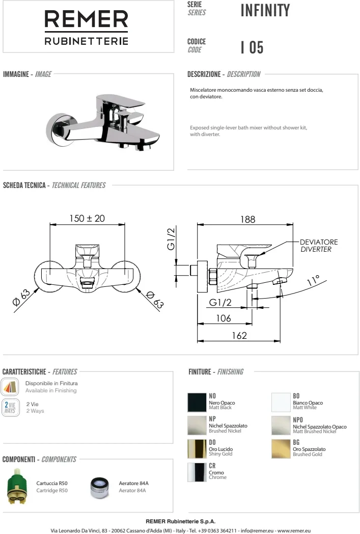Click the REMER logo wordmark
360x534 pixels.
tap(87, 19)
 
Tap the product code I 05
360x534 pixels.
tap(252, 47)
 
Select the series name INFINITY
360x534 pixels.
tap(265, 10)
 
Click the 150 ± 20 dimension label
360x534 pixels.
tap(87, 218)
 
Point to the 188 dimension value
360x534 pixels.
tap(247, 219)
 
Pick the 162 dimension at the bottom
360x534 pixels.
tap(239, 335)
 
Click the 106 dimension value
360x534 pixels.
tap(224, 318)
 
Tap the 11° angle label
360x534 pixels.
tap(313, 280)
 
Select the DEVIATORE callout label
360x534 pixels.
tap(319, 242)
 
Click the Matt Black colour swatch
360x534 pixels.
tap(197, 402)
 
